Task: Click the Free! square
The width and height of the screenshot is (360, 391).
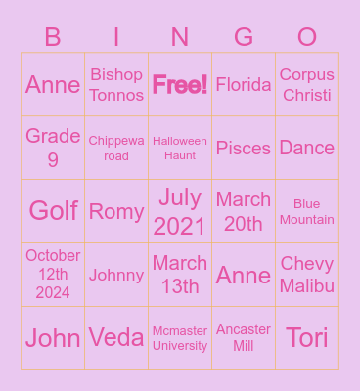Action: coord(180,85)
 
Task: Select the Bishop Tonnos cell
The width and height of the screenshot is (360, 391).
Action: coord(116,85)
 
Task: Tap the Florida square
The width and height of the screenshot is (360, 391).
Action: coord(244,85)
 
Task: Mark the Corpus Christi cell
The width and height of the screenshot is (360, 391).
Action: coord(307,85)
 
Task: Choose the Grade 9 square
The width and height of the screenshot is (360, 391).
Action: coord(53,148)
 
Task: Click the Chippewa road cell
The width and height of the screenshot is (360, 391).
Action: coord(116,148)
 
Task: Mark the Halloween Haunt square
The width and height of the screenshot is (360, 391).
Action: coord(180,148)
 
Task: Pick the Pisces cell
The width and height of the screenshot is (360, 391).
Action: coord(244,148)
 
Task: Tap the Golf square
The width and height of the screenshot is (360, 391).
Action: coord(53,211)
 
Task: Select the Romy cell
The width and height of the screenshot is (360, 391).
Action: coord(116,211)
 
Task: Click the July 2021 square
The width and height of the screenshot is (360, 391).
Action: coord(180,211)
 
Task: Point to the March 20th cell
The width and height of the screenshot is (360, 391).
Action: coord(244,211)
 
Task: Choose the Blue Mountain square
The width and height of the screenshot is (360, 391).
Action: coord(307,211)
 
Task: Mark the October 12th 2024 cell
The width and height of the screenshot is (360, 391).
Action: coord(53,275)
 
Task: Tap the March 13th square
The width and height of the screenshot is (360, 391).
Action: coord(180,275)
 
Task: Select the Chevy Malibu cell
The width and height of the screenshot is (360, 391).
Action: coord(307,275)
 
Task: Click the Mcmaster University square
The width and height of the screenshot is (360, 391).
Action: coord(180,338)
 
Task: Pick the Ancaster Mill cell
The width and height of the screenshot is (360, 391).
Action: coord(244,338)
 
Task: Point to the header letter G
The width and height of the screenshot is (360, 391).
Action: coord(244,38)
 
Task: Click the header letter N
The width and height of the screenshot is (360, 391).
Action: coord(180,38)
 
